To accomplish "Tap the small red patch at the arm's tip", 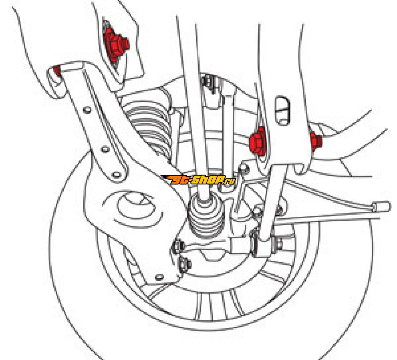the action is click(58, 71).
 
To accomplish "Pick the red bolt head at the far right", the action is click(316, 141).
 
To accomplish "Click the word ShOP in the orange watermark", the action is click(207, 180).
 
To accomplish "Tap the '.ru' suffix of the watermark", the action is click(230, 181).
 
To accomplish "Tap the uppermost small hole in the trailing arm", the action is click(87, 110).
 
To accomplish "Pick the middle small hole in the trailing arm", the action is click(105, 149).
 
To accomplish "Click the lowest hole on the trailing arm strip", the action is click(116, 175).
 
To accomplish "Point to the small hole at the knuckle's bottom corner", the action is click(159, 277).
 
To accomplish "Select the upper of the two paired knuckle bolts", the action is click(178, 246).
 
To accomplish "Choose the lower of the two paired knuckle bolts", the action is click(185, 264).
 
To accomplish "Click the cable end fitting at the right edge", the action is click(381, 206).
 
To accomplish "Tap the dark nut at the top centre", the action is click(208, 81).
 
